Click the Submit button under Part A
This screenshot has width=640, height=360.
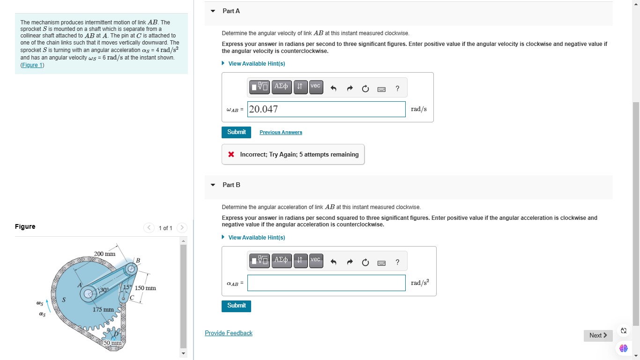tap(236, 132)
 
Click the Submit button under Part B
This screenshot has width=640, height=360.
tap(236, 306)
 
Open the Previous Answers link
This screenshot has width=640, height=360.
tap(281, 132)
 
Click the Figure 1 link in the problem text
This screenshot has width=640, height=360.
tap(32, 65)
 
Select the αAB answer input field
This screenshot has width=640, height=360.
tap(326, 283)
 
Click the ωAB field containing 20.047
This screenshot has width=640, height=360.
tap(326, 109)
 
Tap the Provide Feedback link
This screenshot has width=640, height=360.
tap(229, 333)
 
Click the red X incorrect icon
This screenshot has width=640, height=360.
tap(231, 154)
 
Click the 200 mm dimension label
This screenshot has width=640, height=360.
tap(104, 254)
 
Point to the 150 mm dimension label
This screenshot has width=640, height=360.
tap(145, 288)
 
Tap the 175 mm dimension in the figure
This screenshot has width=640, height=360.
tap(103, 309)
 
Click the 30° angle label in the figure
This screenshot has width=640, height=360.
tap(103, 290)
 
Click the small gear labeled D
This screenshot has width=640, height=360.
tap(113, 335)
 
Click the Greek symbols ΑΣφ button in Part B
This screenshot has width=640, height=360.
tap(282, 261)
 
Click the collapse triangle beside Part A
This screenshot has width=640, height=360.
tap(213, 11)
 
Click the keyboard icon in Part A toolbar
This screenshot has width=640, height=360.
tap(381, 90)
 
